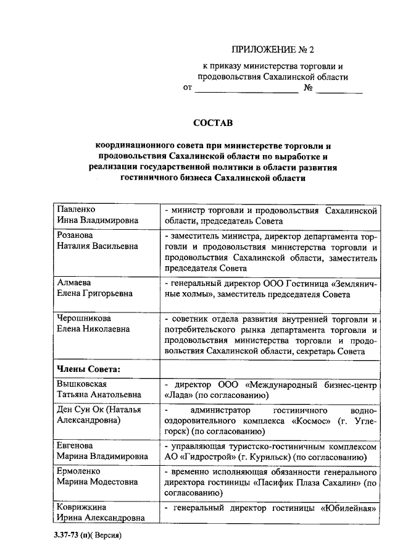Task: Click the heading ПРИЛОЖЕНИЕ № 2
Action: pos(272,49)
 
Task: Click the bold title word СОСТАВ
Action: pos(213,123)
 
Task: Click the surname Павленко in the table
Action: pos(76,209)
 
